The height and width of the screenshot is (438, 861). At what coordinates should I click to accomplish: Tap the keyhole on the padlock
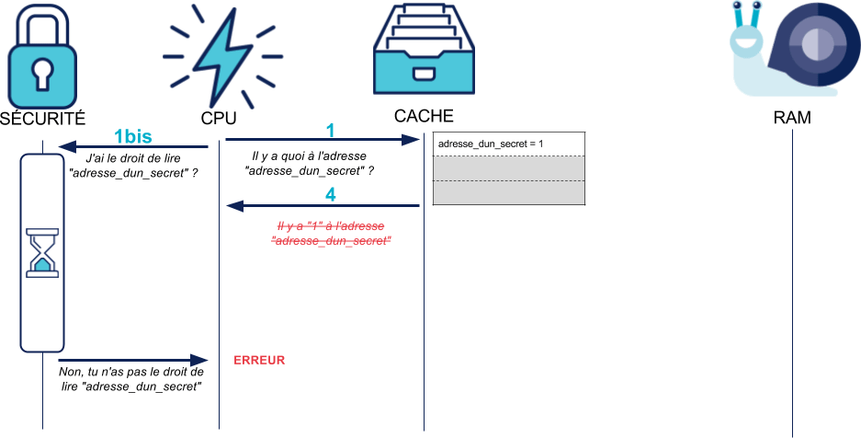pyautogui.click(x=42, y=73)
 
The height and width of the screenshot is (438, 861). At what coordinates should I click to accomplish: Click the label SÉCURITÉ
pyautogui.click(x=42, y=119)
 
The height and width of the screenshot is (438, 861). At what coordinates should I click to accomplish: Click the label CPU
pyautogui.click(x=219, y=119)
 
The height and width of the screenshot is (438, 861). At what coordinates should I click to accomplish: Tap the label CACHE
pyautogui.click(x=424, y=117)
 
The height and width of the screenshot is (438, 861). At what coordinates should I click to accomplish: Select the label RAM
pyautogui.click(x=792, y=119)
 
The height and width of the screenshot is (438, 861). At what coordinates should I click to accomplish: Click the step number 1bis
pyautogui.click(x=134, y=136)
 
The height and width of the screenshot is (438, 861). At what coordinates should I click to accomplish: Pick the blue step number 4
pyautogui.click(x=331, y=195)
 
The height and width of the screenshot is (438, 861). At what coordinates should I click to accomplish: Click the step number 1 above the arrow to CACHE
pyautogui.click(x=331, y=130)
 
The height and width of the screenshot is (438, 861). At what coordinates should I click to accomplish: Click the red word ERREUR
pyautogui.click(x=259, y=359)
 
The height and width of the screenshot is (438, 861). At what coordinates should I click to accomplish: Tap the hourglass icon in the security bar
pyautogui.click(x=42, y=253)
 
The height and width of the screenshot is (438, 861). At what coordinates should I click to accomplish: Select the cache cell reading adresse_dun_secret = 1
pyautogui.click(x=509, y=144)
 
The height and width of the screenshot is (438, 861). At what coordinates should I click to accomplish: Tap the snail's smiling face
pyautogui.click(x=747, y=41)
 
